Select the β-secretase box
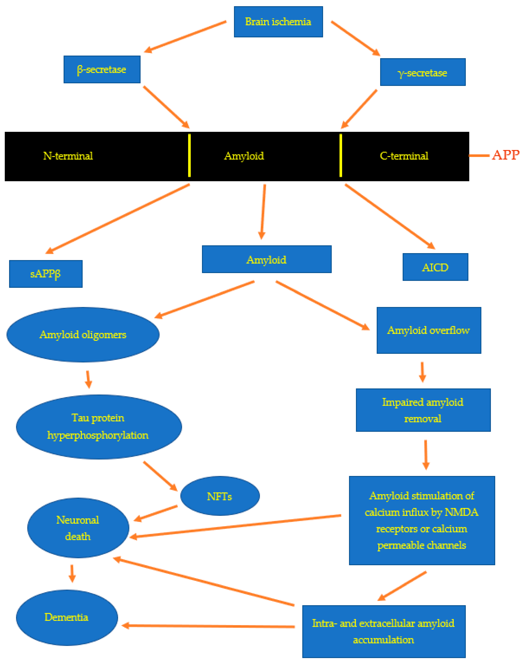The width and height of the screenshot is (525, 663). [102, 69]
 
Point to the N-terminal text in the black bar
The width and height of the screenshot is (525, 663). [68, 156]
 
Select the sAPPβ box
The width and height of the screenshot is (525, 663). [46, 274]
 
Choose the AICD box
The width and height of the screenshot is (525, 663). [435, 267]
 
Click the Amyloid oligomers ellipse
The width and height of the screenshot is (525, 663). [83, 335]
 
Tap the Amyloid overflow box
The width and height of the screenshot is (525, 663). [429, 330]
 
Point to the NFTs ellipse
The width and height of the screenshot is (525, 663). [220, 496]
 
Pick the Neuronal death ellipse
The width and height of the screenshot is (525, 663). [78, 528]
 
